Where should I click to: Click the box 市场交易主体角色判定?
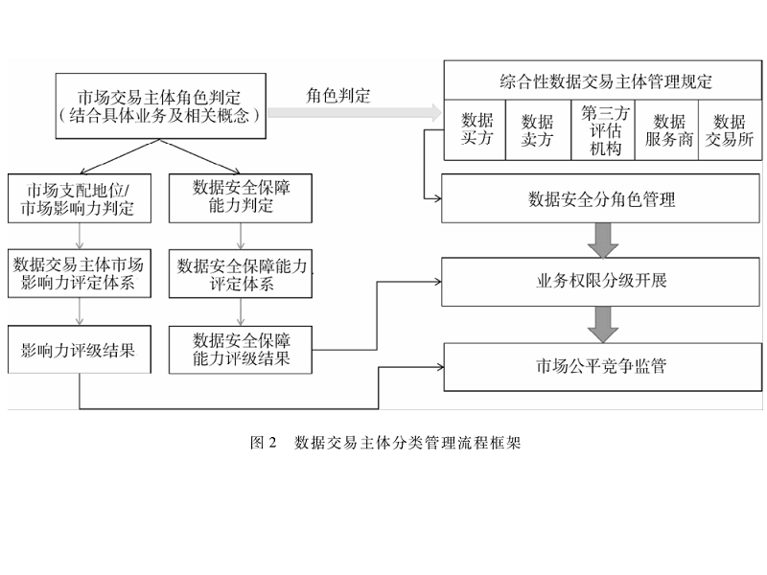point(159,106)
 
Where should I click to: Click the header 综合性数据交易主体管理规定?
point(606,80)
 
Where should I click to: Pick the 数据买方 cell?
point(476,129)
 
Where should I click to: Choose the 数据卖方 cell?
point(537,130)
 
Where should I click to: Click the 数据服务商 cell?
point(668,130)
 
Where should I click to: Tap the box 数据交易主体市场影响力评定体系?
point(81,272)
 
